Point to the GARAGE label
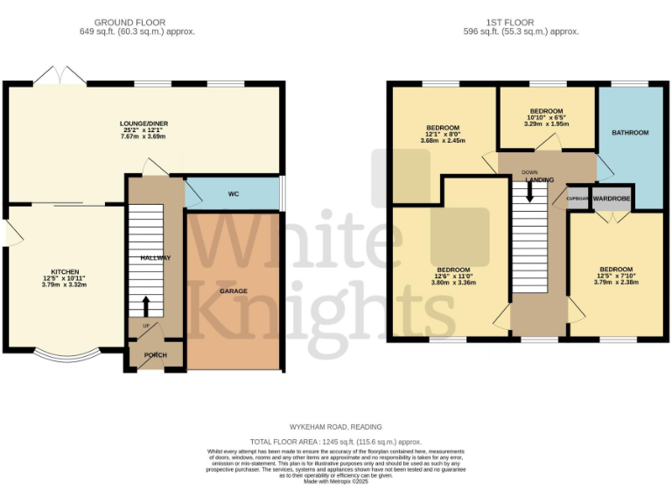(233, 290)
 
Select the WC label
(234, 193)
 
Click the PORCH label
(156, 355)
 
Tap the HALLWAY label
(156, 258)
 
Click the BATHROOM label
(630, 133)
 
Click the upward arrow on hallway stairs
(145, 306)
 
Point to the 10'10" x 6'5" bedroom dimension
(546, 118)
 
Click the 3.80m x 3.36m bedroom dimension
(454, 283)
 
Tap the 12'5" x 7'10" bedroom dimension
(616, 276)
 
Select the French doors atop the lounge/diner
(59, 75)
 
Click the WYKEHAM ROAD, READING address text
(336, 428)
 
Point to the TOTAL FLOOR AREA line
(336, 442)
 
